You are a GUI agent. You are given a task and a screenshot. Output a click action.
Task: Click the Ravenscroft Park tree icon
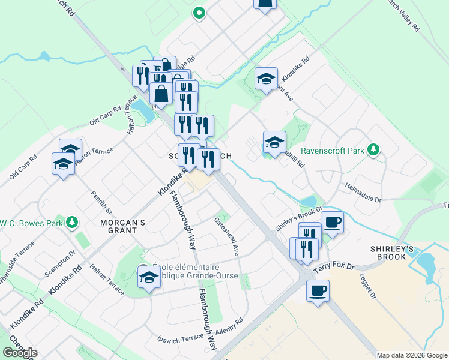pos(374,149)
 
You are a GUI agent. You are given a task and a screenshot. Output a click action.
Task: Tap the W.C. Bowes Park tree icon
pos(71,223)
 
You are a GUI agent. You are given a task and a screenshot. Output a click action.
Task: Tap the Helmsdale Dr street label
pos(363,187)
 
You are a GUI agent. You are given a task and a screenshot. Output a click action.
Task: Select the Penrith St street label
pos(101,202)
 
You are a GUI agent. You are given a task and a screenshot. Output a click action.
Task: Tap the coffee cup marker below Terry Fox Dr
pos(318,290)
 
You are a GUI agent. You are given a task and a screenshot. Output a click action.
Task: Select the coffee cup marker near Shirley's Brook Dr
pos(332,221)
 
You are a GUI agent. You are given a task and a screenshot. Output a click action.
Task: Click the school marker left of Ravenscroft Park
pos(274,142)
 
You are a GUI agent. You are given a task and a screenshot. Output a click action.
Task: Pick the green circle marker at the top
pos(199,12)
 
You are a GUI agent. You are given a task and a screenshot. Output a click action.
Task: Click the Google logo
pos(20,353)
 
